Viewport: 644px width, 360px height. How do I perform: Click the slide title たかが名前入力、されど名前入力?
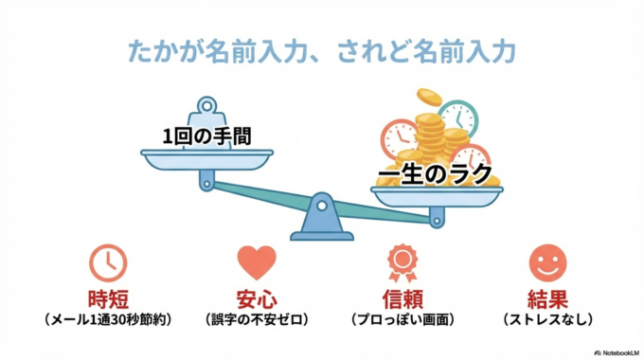(x=321, y=49)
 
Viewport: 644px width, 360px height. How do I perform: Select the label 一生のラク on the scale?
(x=435, y=174)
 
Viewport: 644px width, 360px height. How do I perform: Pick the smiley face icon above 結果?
(x=547, y=262)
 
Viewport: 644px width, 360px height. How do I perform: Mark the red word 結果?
(x=547, y=299)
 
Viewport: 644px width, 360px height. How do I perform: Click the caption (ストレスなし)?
(x=547, y=321)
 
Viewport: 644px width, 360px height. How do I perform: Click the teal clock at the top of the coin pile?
(x=459, y=117)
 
